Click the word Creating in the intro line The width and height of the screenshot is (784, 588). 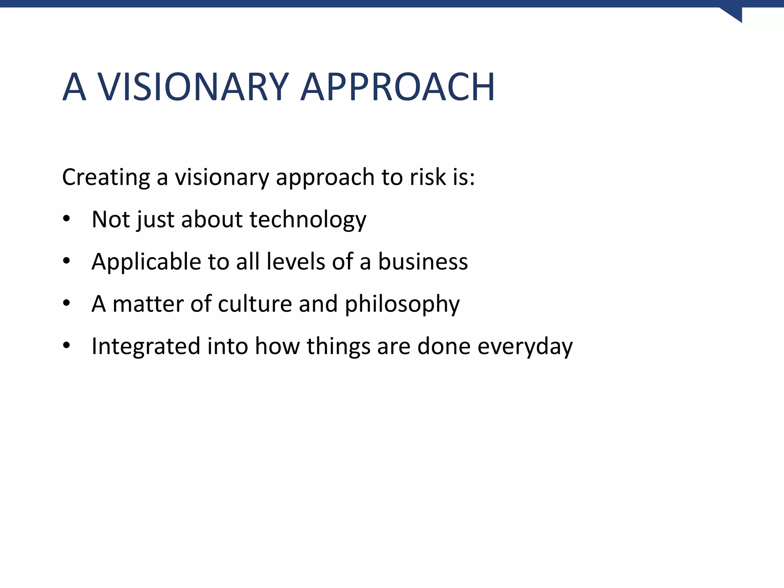pos(106,177)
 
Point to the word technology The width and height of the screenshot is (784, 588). pos(308,220)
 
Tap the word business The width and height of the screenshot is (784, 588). pos(423,262)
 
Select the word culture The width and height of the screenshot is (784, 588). pos(255,304)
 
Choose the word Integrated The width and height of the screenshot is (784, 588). pos(146,346)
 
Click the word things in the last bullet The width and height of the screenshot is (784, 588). pos(338,346)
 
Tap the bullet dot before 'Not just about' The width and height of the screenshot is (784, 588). pos(67,219)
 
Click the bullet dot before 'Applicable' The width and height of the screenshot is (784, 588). pos(67,261)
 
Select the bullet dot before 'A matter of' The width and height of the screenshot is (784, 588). pos(67,303)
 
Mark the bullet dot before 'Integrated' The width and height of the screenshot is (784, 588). pos(67,346)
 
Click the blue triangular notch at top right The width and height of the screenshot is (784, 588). pos(735,14)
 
